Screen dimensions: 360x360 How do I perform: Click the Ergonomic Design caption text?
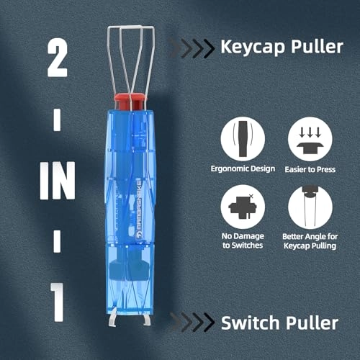pos(243,168)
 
